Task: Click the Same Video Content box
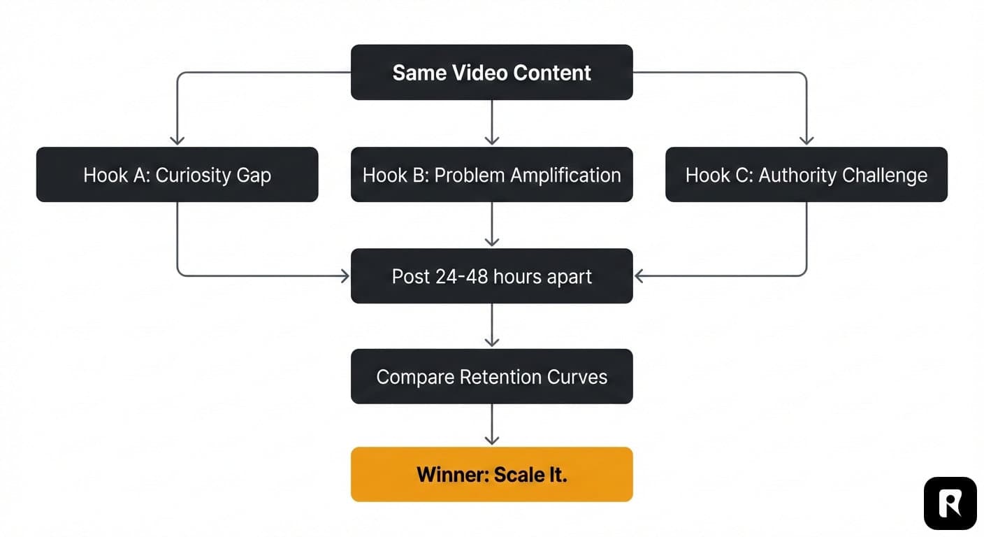point(491,73)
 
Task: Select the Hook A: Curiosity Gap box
point(177,175)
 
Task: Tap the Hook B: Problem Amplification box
point(491,175)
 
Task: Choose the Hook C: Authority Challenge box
point(806,175)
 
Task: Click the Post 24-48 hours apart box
point(491,276)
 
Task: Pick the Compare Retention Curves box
point(491,377)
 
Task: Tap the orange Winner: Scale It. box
point(491,475)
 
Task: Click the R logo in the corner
point(950,503)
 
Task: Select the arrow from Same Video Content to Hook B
point(492,122)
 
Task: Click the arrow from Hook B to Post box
point(492,224)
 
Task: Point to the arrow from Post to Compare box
point(492,325)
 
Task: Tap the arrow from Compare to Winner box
point(492,424)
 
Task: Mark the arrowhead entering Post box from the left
point(345,276)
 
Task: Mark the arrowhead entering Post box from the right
point(639,276)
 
